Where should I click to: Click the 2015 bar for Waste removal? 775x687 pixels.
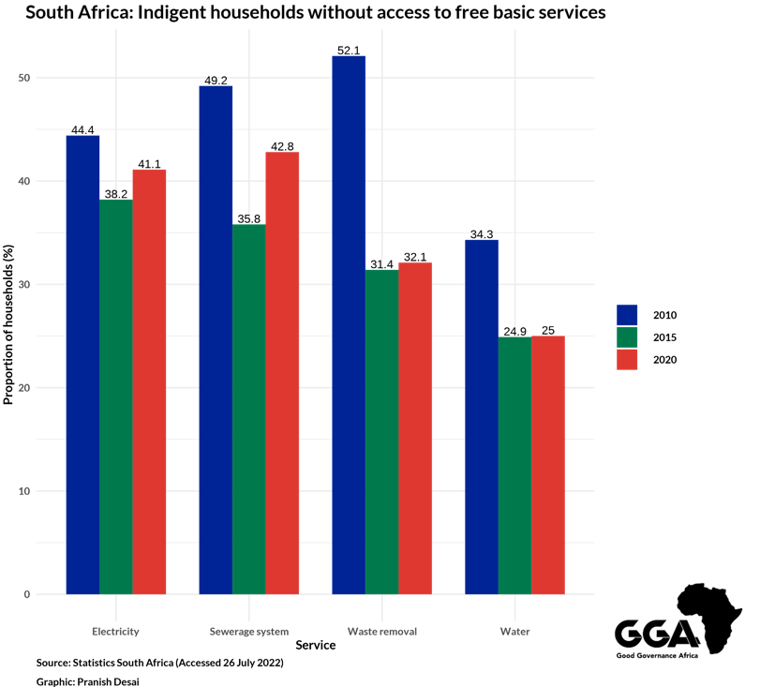click(381, 431)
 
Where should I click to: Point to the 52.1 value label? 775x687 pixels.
click(349, 51)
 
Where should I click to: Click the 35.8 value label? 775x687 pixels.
click(249, 219)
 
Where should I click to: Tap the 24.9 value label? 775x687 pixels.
click(515, 332)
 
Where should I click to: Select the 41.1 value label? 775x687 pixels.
click(149, 164)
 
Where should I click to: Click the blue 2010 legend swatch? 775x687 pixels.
click(627, 315)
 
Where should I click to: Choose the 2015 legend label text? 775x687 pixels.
click(664, 338)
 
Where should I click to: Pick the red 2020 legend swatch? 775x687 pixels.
click(627, 360)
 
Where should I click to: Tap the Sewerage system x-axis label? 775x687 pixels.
click(249, 632)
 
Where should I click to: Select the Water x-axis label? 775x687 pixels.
click(515, 632)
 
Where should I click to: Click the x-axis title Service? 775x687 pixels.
click(315, 646)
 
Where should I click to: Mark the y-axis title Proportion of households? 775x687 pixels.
click(8, 324)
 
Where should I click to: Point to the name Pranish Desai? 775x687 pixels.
click(107, 681)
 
